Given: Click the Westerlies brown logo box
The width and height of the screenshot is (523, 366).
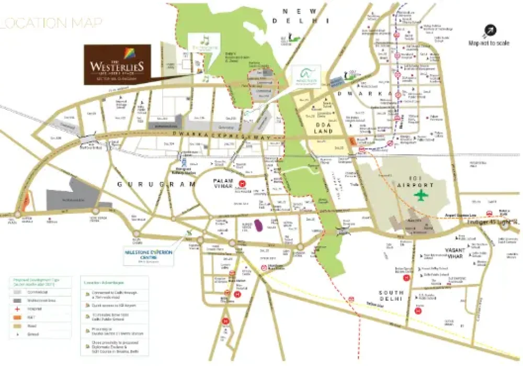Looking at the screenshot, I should (x=118, y=63).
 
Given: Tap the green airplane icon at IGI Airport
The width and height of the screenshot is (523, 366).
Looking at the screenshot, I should (x=420, y=195).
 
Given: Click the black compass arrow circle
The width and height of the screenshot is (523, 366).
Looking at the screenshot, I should (x=490, y=31).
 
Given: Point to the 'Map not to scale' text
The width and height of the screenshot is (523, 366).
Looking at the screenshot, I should (x=488, y=43).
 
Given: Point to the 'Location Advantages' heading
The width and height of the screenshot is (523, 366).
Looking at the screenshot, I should (x=100, y=282).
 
